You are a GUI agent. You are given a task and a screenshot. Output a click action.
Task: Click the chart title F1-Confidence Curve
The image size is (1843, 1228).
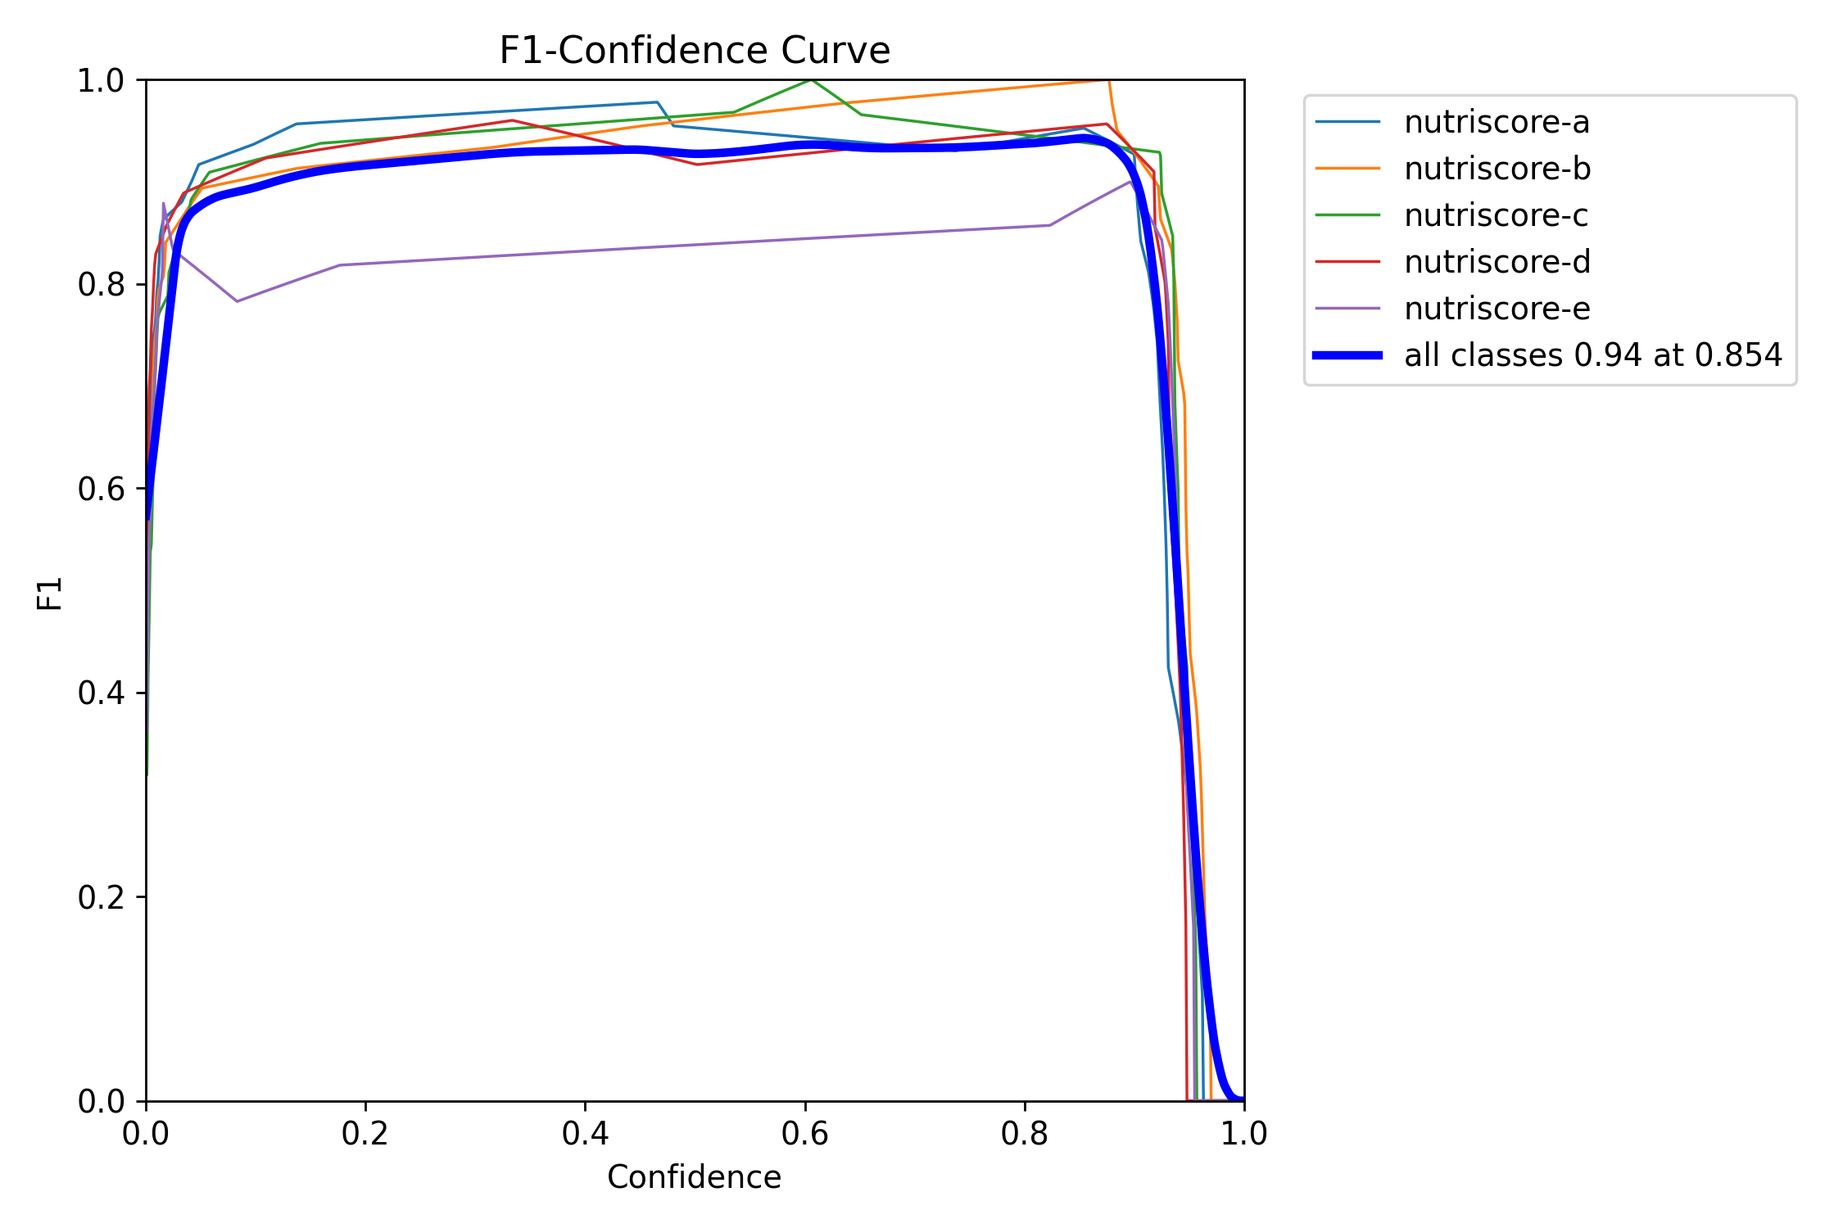pos(694,51)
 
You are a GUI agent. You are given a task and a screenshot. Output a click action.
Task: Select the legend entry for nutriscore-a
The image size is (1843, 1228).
pos(1497,122)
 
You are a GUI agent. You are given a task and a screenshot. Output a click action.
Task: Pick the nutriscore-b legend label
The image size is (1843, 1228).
pos(1497,169)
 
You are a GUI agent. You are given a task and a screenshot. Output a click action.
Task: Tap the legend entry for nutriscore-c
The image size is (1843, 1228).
pos(1496,215)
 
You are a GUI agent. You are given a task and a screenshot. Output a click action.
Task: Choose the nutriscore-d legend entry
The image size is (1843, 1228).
pos(1497,262)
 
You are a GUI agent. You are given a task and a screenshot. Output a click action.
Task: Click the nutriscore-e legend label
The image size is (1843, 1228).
pos(1497,309)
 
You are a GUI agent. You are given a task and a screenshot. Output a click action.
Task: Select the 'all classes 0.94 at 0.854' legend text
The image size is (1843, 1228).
pos(1592,355)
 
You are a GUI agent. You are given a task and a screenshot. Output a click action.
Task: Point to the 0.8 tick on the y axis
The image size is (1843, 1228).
pos(100,285)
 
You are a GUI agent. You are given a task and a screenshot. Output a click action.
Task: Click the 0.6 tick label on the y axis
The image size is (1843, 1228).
pos(100,489)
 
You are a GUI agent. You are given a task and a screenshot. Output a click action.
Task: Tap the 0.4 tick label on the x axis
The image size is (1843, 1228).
pos(585,1134)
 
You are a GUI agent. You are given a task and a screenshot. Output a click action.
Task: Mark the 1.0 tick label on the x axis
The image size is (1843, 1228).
pos(1243,1134)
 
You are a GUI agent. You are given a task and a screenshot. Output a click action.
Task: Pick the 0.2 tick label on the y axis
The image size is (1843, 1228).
pos(100,897)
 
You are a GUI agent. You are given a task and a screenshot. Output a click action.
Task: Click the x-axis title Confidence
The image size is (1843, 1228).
pos(694,1177)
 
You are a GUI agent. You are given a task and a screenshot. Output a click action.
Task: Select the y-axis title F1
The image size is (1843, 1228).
pos(50,594)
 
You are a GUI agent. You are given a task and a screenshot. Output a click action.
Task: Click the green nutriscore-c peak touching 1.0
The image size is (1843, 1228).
pos(810,80)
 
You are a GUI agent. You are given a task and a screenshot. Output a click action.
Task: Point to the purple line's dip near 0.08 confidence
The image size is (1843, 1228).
pos(237,301)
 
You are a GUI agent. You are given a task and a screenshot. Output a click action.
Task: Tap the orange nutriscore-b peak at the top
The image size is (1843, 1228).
pos(1107,81)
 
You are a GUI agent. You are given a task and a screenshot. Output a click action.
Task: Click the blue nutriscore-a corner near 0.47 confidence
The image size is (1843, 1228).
pos(657,102)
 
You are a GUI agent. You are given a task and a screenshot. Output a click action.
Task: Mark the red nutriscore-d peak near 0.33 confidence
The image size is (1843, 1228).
pos(512,120)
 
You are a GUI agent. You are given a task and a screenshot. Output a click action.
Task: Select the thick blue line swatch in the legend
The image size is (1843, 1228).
pos(1347,355)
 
